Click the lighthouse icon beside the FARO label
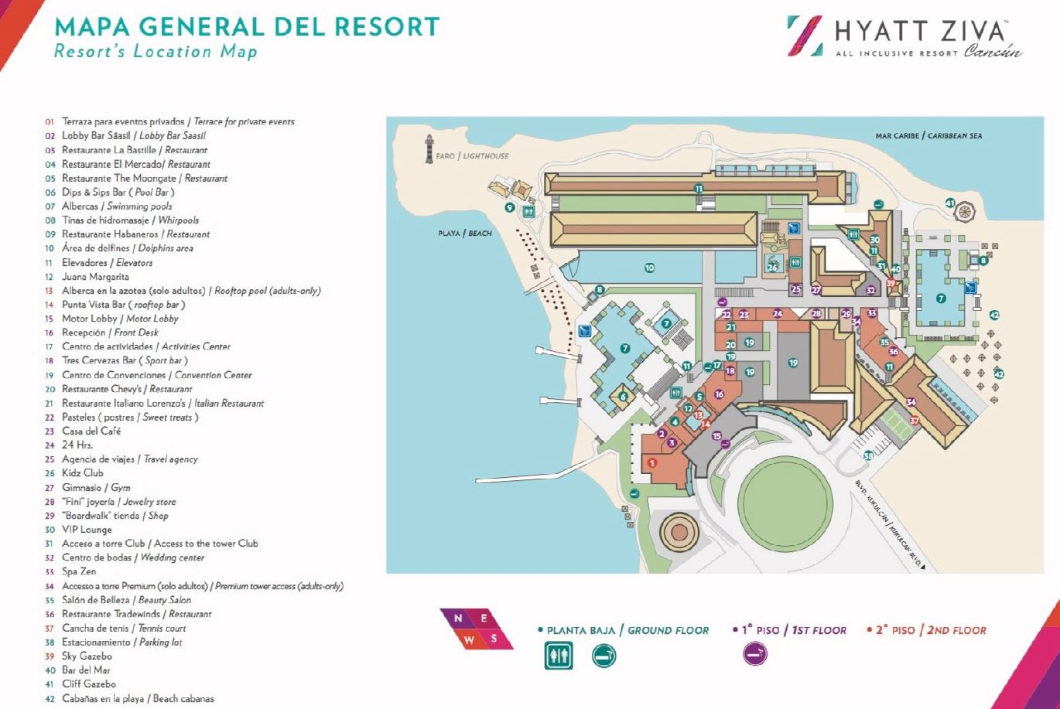429,148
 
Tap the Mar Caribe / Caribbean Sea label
928,136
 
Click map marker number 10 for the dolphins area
649,268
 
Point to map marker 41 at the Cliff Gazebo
950,203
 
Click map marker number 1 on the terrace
651,462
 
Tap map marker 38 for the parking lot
868,456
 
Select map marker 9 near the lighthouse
509,207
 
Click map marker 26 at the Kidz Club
772,267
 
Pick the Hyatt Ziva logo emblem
805,36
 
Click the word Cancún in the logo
993,53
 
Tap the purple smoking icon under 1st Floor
755,656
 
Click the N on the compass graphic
459,618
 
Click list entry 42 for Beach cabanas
138,698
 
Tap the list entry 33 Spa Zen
79,571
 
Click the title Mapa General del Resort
247,27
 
